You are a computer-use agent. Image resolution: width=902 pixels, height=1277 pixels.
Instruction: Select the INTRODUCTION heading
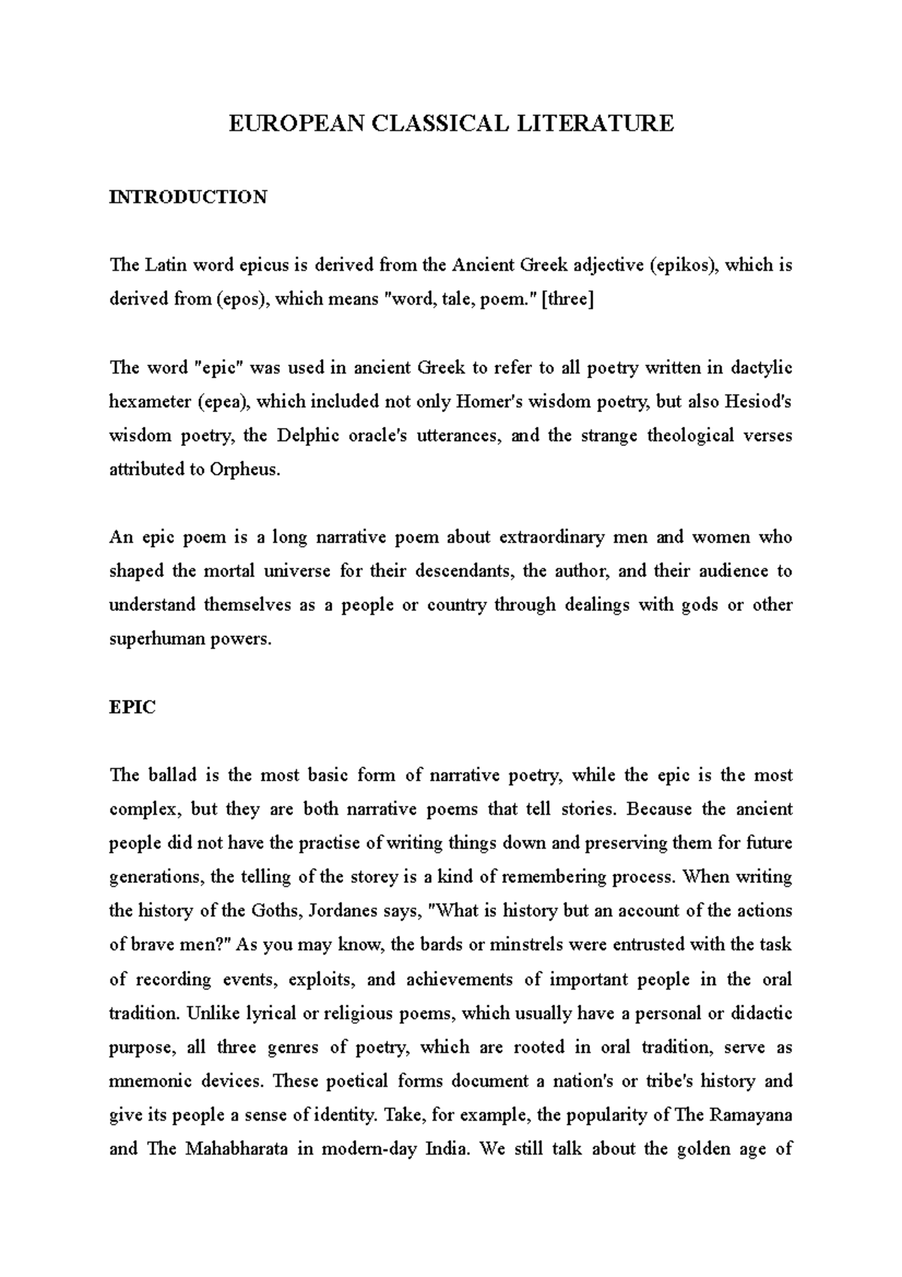point(188,197)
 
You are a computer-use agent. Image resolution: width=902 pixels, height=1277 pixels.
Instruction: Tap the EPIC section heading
point(132,708)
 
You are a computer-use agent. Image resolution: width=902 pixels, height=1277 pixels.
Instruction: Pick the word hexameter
point(150,402)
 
